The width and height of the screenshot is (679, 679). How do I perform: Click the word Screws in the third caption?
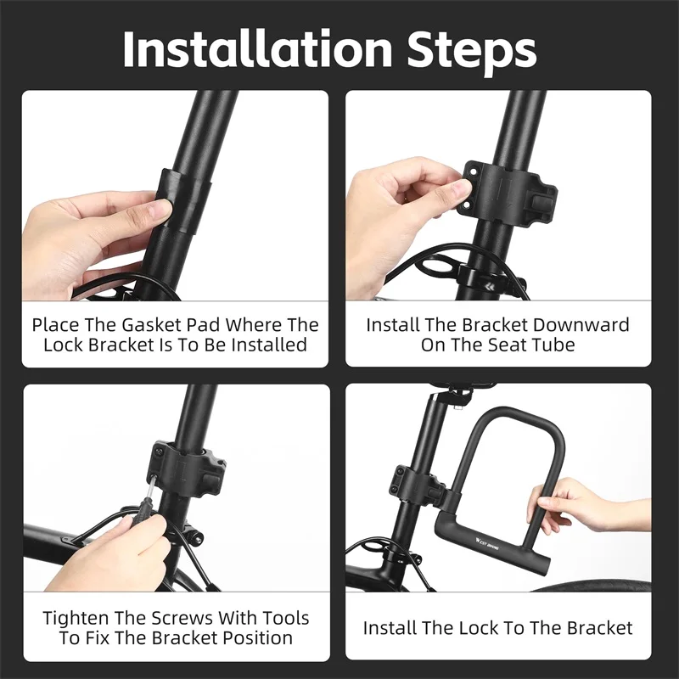click(x=188, y=618)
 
